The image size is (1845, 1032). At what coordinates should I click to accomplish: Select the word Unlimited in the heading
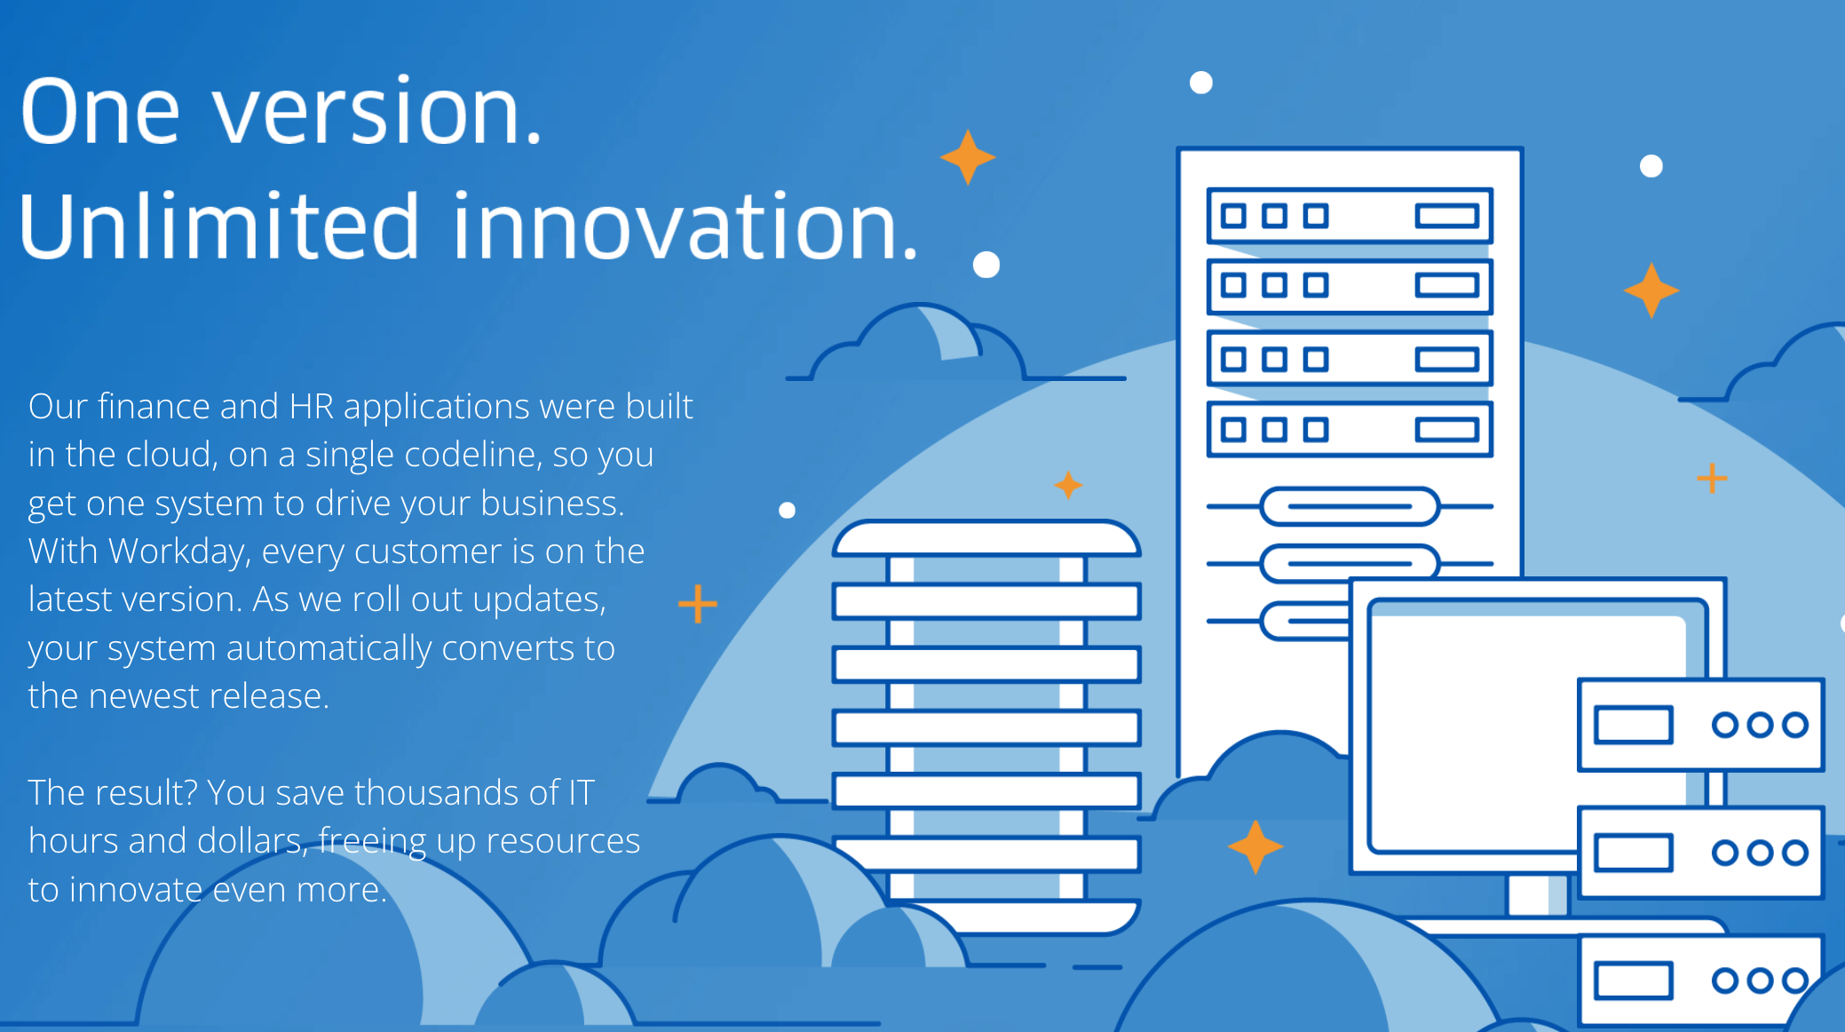click(218, 226)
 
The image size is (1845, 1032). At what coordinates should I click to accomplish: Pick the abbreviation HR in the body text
click(311, 407)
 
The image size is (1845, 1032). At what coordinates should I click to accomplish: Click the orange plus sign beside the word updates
click(698, 604)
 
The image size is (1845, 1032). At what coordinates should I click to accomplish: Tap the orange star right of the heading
click(968, 157)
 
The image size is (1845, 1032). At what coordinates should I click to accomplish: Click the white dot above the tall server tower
click(1201, 83)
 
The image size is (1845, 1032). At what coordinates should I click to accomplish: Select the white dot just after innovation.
click(986, 265)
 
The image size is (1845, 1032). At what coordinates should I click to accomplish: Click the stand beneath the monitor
click(1537, 895)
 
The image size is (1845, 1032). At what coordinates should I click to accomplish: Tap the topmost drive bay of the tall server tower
click(1350, 216)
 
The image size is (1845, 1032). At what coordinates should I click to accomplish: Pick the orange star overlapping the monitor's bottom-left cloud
click(1255, 846)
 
